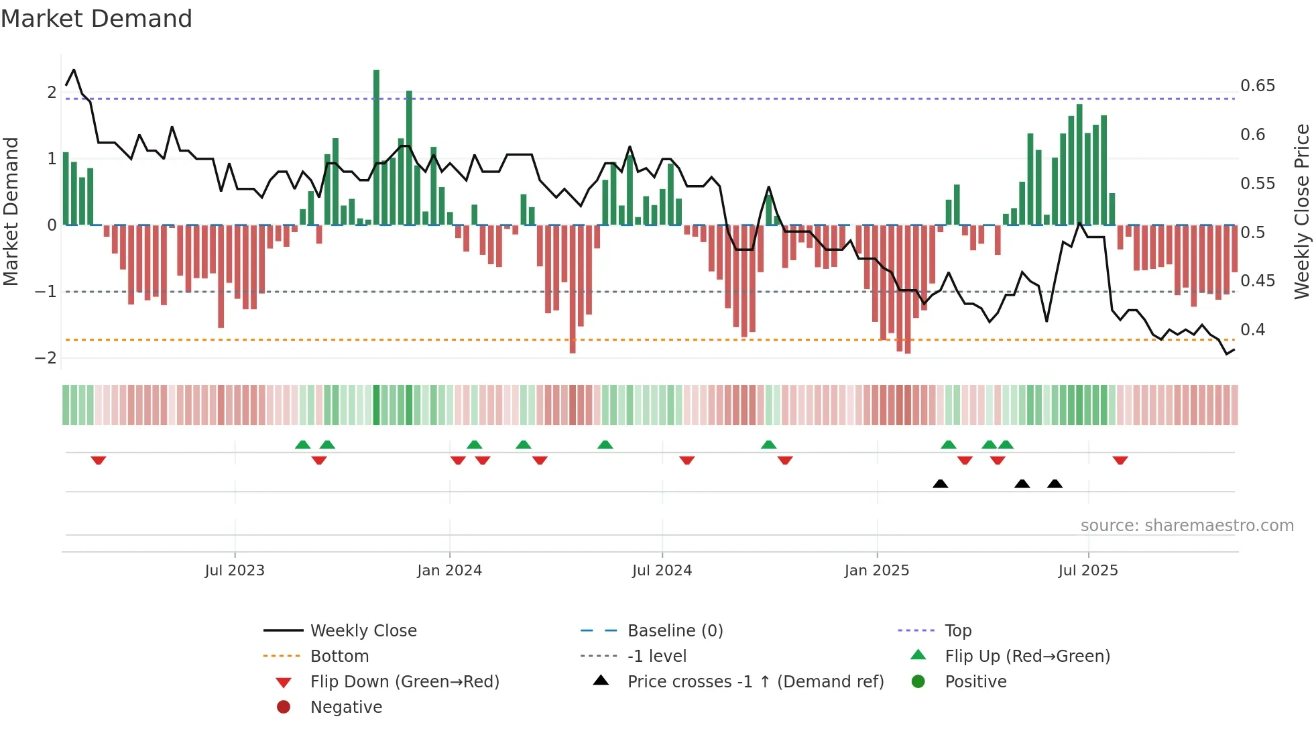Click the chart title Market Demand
click(97, 18)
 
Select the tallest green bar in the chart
click(376, 148)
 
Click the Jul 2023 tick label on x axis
click(235, 571)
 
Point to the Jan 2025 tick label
click(876, 571)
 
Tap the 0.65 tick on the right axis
click(1257, 86)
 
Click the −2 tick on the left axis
click(46, 357)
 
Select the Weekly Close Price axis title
click(1301, 211)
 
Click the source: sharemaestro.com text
click(1187, 526)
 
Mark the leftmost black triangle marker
click(940, 484)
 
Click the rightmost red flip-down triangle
click(1120, 460)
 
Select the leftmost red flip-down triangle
click(99, 460)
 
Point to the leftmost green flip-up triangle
click(302, 445)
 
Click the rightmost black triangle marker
click(1055, 484)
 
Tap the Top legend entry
click(957, 631)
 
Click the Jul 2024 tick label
click(662, 571)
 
